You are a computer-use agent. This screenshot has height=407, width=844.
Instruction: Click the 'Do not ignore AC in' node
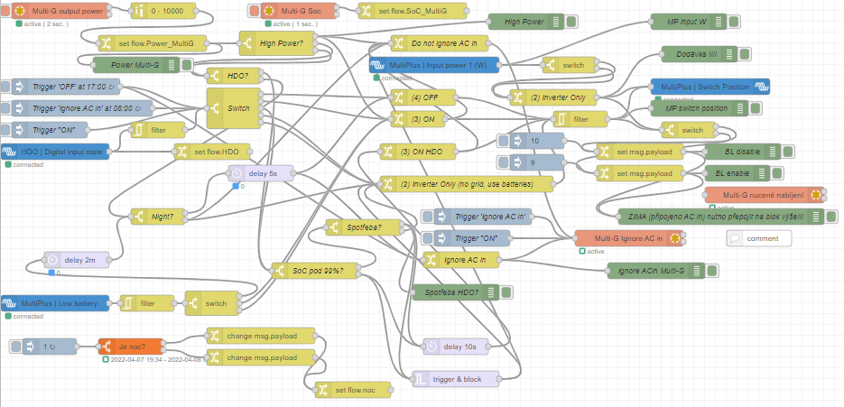click(x=437, y=42)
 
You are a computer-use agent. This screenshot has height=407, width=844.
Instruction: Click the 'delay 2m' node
click(x=77, y=260)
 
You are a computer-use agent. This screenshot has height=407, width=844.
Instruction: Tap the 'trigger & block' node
click(x=455, y=379)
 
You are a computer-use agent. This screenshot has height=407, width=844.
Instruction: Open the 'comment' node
click(x=759, y=238)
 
